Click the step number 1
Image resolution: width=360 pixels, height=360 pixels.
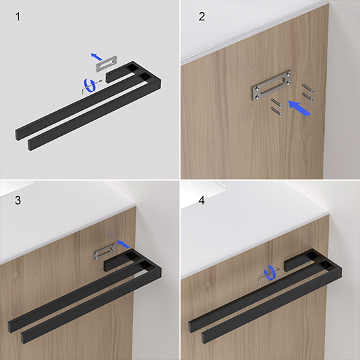18,17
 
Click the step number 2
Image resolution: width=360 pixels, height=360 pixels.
202,16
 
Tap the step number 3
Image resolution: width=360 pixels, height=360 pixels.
18,200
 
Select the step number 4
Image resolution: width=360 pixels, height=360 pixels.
202,200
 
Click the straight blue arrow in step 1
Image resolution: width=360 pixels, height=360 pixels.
96,56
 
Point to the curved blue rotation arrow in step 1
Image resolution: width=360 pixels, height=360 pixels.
90,86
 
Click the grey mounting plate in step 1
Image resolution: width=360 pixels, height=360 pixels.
106,64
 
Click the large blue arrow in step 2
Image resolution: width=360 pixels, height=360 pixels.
299,108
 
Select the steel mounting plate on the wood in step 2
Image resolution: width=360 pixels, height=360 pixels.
272,86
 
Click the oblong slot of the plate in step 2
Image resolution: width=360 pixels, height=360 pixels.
272,86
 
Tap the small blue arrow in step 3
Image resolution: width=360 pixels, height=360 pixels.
124,244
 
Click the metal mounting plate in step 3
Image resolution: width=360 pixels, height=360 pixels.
104,252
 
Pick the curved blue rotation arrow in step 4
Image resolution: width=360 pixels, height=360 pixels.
269,273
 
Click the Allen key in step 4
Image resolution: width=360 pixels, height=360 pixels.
259,279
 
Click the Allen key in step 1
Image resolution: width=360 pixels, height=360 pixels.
84,90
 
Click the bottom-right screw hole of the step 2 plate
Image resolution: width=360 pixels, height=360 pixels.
289,82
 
